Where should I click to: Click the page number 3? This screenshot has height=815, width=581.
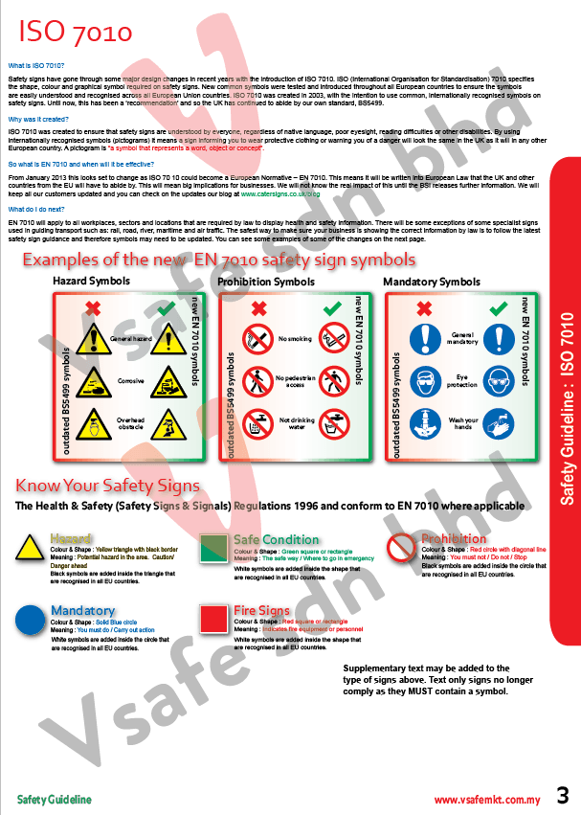[562, 796]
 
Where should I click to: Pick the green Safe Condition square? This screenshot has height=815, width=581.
[212, 548]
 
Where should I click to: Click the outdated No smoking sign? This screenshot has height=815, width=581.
[258, 338]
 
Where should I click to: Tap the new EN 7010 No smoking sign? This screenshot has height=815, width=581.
[331, 338]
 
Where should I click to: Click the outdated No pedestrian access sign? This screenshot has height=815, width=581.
[258, 380]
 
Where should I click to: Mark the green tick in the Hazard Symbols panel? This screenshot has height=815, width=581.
[165, 308]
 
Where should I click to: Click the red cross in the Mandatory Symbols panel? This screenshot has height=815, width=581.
[425, 308]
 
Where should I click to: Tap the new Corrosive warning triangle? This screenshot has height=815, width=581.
[165, 380]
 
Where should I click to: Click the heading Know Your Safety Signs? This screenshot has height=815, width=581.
[107, 486]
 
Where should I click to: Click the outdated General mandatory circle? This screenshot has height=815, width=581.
[425, 338]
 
